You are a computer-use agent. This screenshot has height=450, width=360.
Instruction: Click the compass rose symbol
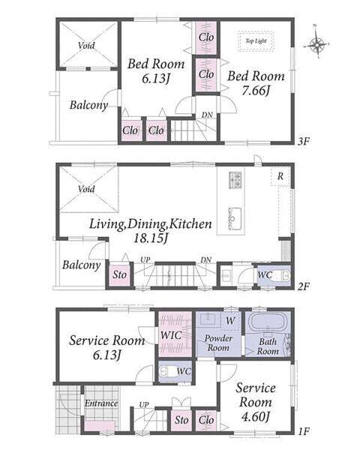tap(316, 44)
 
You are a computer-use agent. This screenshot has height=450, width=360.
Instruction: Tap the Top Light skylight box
tap(256, 41)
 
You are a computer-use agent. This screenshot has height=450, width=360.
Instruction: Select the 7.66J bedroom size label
tap(255, 91)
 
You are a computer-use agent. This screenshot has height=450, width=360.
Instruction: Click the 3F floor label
tap(303, 142)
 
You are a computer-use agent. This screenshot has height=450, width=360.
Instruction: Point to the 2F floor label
tap(303, 286)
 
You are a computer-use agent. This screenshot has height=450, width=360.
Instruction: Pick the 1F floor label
tap(303, 430)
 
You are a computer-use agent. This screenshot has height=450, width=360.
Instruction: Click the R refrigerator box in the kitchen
tap(280, 176)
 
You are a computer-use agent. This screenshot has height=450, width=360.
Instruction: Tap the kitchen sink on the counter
tap(235, 219)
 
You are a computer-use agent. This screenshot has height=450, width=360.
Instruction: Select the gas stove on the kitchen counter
tap(235, 180)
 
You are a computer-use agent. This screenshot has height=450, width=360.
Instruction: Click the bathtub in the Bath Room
tap(268, 322)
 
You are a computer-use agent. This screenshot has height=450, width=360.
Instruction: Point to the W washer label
tap(230, 320)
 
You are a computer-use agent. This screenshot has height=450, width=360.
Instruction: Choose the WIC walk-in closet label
tap(171, 335)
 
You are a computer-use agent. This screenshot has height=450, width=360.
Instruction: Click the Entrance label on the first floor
tap(101, 403)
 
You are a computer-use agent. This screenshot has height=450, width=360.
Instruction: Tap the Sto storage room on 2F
tap(120, 274)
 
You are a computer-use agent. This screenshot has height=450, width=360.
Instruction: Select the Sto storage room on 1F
tap(181, 420)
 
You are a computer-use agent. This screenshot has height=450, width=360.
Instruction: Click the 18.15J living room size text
tap(151, 238)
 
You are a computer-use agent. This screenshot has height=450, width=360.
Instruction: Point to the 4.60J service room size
tap(255, 416)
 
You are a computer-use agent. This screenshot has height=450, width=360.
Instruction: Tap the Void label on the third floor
tap(86, 45)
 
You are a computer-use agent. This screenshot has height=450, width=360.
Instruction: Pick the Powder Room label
tap(218, 343)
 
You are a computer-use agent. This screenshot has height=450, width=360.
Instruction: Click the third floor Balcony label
tap(88, 105)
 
